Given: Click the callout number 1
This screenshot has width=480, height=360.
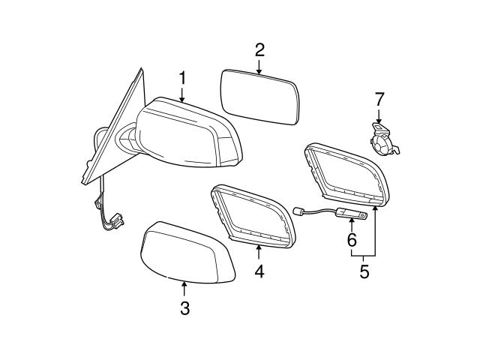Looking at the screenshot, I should click(x=181, y=77).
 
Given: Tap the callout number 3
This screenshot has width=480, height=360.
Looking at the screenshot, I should click(x=184, y=308).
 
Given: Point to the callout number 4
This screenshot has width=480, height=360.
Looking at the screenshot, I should click(x=259, y=271).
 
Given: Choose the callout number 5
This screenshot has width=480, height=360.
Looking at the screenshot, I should click(x=364, y=271).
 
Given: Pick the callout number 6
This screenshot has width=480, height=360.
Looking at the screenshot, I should click(x=350, y=240).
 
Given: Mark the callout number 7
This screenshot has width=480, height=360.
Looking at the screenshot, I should click(x=379, y=98).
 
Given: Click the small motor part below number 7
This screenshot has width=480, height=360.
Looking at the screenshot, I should click(x=385, y=140).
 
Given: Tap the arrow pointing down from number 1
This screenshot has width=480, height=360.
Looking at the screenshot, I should click(x=181, y=94).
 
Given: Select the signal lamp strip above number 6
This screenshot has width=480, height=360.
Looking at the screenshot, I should click(x=352, y=216).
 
